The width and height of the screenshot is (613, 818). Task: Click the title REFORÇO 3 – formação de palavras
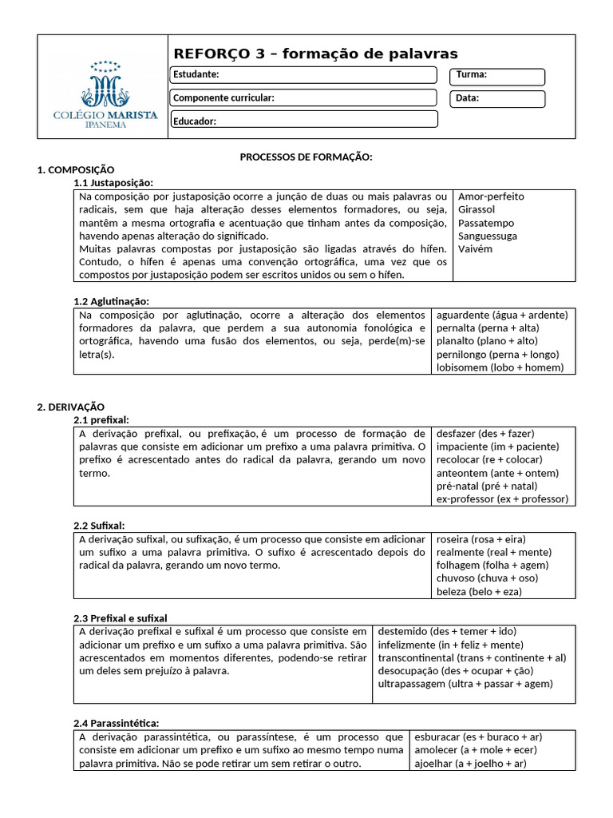point(316,54)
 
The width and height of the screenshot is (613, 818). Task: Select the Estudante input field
point(303,75)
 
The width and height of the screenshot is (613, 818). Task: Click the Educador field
point(303,121)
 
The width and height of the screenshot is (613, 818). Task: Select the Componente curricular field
point(303,97)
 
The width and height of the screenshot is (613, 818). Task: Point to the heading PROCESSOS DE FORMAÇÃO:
point(306,157)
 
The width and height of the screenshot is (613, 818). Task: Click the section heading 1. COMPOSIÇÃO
point(76,170)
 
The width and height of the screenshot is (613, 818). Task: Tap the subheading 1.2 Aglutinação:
point(111,301)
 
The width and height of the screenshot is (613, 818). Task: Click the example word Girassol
point(477,209)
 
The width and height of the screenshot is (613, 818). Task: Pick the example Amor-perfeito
point(491,197)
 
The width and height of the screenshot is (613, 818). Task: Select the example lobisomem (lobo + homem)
point(500,367)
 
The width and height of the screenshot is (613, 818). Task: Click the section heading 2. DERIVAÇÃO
point(71,407)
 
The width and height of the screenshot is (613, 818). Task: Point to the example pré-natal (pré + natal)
point(487,486)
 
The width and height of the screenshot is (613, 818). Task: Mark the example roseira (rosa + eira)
point(481,539)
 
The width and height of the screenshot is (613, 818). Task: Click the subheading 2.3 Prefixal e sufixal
point(121,618)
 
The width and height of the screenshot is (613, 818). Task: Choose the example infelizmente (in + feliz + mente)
point(450,645)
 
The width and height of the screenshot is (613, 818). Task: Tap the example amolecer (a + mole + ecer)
point(477,750)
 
